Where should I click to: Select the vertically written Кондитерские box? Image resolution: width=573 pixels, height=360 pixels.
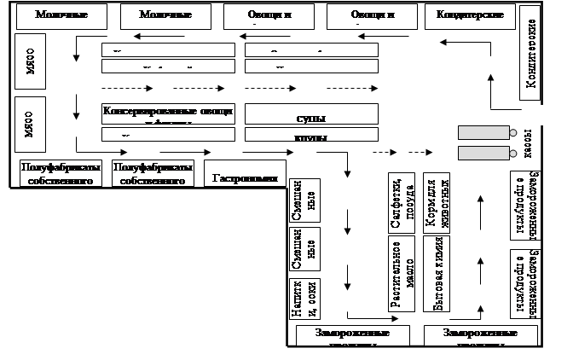[x=529, y=53]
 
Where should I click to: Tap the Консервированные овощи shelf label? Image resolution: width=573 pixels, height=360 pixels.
[x=167, y=112]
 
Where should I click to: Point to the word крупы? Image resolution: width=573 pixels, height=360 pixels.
[x=309, y=135]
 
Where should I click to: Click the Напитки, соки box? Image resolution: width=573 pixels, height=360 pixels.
[x=304, y=299]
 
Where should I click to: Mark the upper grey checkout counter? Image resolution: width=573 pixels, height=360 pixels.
[x=483, y=132]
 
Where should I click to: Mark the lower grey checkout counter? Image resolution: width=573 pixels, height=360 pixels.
[x=483, y=153]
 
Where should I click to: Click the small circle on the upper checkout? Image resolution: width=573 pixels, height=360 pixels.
[x=513, y=132]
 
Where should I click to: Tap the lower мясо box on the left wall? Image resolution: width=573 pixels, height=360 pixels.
[x=28, y=124]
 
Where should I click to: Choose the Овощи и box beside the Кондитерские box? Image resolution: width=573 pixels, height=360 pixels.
[x=373, y=15]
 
